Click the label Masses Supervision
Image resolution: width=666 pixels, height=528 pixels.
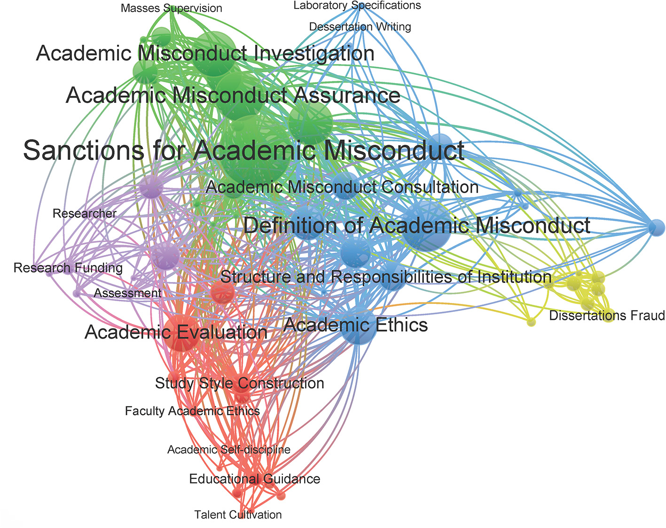pos(171,8)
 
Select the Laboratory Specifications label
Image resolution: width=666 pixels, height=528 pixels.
pos(357,6)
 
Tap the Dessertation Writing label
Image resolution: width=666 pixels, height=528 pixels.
pos(360,27)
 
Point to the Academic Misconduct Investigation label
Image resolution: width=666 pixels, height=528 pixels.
pos(205,53)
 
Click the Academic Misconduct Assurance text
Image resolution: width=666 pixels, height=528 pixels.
pos(233,95)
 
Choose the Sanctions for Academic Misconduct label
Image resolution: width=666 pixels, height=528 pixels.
pos(244,150)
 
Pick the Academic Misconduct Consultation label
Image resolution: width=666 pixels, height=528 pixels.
pos(342,187)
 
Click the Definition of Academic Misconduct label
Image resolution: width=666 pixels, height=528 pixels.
pos(416,225)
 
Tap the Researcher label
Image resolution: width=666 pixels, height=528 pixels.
pos(85,214)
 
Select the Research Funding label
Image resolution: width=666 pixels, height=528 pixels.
pos(68,268)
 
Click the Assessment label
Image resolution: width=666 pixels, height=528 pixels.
pos(128,293)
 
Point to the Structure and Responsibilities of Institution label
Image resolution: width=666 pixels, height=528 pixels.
pos(385,277)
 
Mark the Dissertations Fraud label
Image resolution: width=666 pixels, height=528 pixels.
pos(607,315)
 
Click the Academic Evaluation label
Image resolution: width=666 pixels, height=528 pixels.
pos(176,332)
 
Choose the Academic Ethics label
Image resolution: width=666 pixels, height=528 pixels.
pos(356,325)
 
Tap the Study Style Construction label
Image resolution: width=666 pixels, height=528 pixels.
pos(240,383)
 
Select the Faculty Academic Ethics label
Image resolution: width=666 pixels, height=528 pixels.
pos(192,411)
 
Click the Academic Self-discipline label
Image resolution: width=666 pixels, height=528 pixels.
pos(229,450)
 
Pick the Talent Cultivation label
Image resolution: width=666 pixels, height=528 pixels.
pos(238,515)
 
